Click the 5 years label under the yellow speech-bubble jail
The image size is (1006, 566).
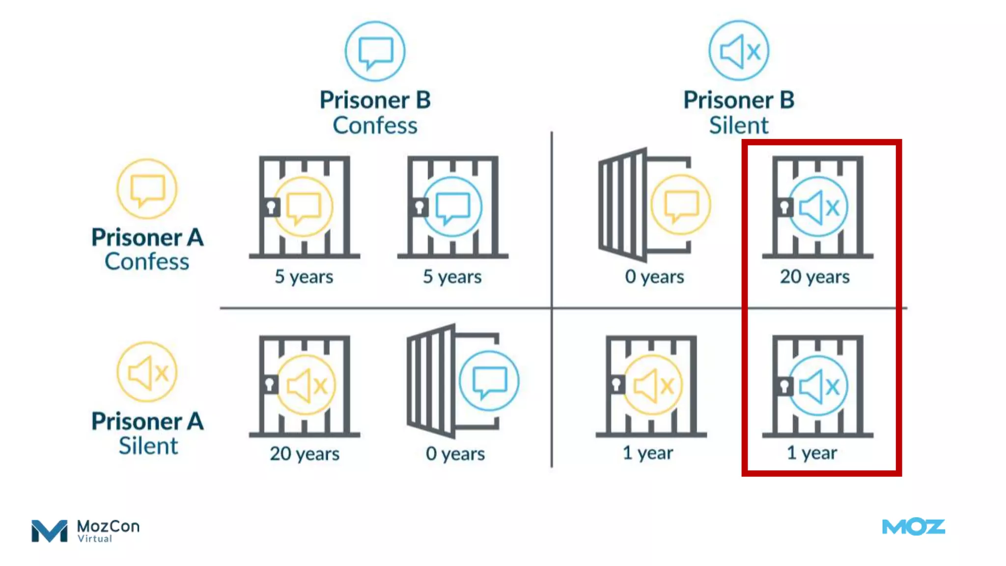(x=304, y=277)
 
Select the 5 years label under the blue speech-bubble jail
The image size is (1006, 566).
(x=452, y=277)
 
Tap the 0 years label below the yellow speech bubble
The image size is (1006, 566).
(x=654, y=277)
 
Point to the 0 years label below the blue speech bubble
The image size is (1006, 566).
(x=455, y=453)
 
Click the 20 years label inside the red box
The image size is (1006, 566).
(x=815, y=277)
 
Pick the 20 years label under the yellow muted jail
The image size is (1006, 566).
(x=305, y=453)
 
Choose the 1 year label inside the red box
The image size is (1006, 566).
(x=812, y=453)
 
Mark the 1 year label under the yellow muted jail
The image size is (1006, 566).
(x=648, y=453)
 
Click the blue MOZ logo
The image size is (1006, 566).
(x=914, y=527)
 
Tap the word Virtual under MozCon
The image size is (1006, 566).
(x=95, y=539)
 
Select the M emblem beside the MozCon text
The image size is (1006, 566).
(x=49, y=531)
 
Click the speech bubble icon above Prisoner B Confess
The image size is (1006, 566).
(x=375, y=51)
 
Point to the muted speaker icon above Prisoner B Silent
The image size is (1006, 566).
(x=739, y=51)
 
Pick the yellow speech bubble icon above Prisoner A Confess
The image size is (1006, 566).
(x=147, y=189)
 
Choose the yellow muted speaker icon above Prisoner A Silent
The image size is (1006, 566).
(x=147, y=372)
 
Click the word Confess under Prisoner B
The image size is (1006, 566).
(x=375, y=125)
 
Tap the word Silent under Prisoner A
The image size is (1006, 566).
(x=148, y=446)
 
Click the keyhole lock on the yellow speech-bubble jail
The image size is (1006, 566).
(x=271, y=207)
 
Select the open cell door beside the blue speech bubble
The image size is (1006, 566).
(x=431, y=381)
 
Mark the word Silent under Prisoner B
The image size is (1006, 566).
(x=739, y=125)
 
